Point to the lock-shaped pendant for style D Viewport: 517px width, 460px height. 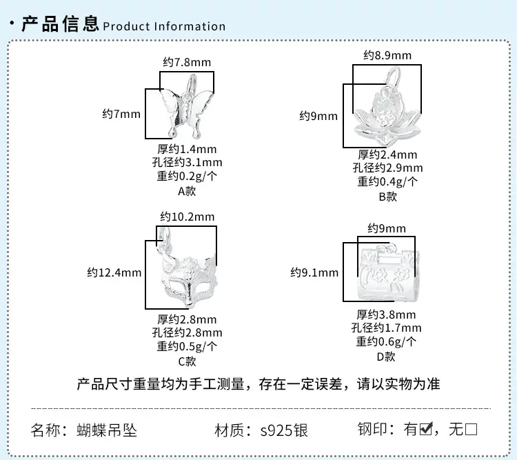click(x=388, y=272)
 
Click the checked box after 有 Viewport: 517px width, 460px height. click(x=426, y=429)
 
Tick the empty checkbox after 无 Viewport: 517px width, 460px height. click(x=471, y=430)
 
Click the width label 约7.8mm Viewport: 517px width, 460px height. click(x=187, y=62)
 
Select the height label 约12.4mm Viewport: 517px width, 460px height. click(x=114, y=272)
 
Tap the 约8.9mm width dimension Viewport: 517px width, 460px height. click(x=387, y=55)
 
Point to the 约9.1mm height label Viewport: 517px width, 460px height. click(x=314, y=272)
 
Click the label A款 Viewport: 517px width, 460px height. click(x=187, y=191)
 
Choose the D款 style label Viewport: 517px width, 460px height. click(x=386, y=357)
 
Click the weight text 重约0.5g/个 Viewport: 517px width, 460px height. click(x=187, y=346)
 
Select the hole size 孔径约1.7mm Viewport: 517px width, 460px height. click(x=386, y=328)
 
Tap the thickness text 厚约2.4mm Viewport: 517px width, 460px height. click(x=387, y=154)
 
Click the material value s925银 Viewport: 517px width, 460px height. click(x=284, y=430)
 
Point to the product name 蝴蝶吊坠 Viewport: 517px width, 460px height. click(x=106, y=430)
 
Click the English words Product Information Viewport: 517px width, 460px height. click(x=164, y=26)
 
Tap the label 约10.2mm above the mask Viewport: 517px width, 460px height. click(x=187, y=217)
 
